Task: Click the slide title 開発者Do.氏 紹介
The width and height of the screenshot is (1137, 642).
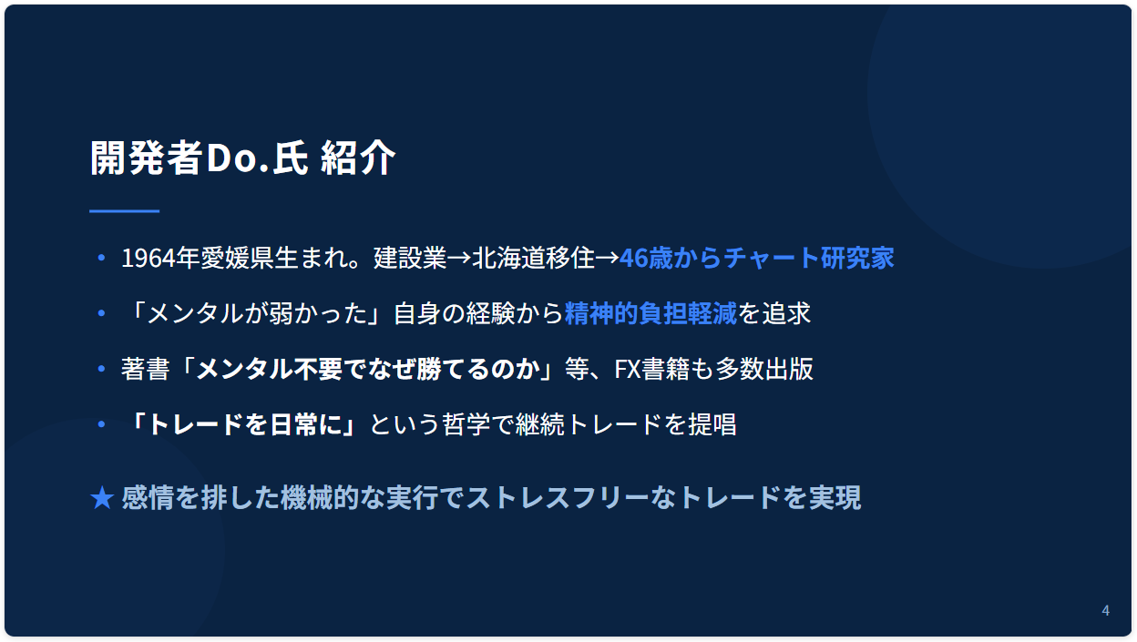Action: [242, 158]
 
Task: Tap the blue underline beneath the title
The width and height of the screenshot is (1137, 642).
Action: [124, 210]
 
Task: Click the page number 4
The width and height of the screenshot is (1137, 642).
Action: [1105, 610]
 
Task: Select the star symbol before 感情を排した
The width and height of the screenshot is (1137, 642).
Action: [102, 497]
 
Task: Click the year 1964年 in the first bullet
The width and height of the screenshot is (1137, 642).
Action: [160, 258]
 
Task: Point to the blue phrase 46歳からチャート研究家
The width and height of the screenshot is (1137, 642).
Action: [757, 258]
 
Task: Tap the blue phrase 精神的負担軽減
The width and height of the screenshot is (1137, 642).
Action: [650, 313]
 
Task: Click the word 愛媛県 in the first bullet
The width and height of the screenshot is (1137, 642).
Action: [236, 258]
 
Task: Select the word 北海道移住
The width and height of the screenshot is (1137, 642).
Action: [533, 258]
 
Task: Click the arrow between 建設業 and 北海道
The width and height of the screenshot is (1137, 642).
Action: [459, 258]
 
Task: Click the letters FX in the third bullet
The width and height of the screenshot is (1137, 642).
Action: [628, 369]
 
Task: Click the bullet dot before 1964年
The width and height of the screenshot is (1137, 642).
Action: [101, 258]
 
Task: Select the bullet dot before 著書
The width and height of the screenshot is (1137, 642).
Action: [101, 369]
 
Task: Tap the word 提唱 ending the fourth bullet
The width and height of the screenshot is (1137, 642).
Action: [712, 424]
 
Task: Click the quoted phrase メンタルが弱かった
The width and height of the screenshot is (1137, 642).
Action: [257, 313]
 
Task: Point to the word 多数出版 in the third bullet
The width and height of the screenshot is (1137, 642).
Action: [764, 369]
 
